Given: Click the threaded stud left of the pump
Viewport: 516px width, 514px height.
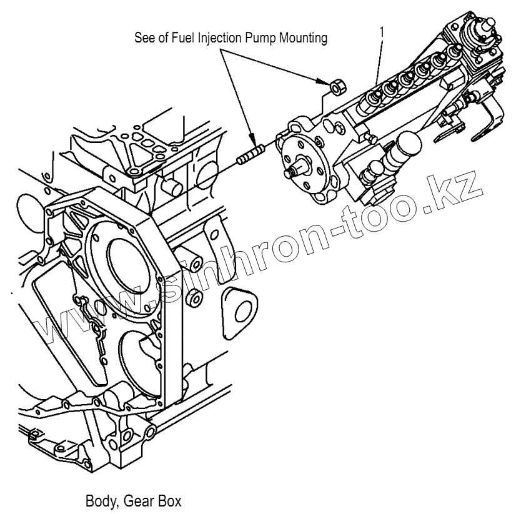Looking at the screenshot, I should tap(249, 154).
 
